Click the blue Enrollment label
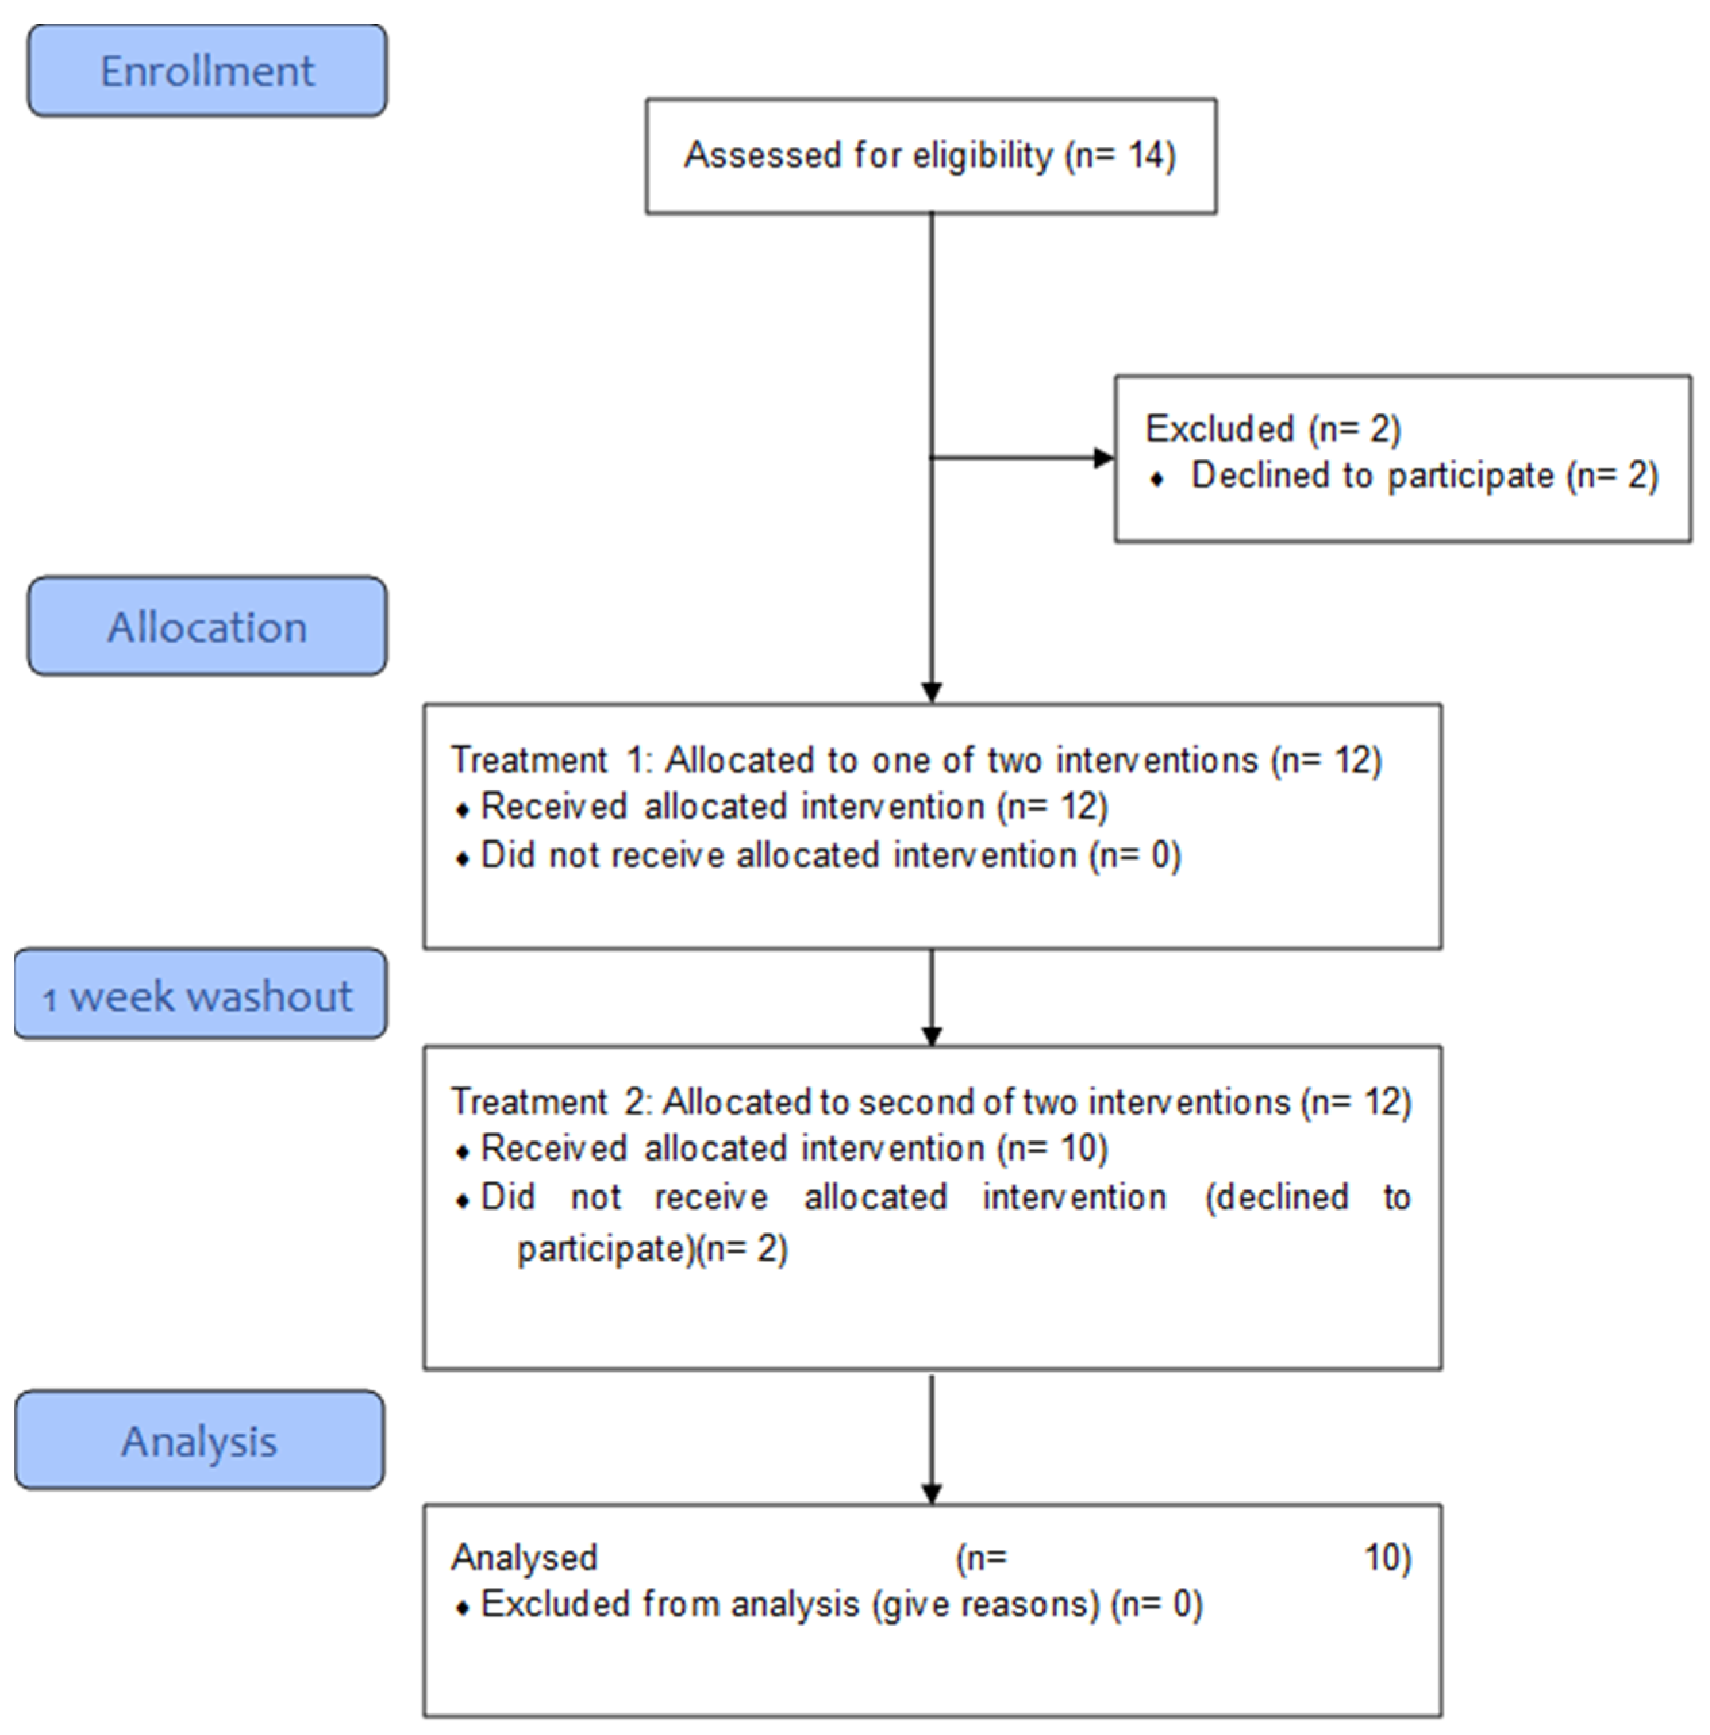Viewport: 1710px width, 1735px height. pos(207,71)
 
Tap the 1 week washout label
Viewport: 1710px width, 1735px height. pos(200,996)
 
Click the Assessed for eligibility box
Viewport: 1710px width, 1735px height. pos(930,155)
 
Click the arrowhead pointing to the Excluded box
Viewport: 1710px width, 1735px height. pos(1103,458)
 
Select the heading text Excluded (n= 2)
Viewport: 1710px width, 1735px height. pos(1273,428)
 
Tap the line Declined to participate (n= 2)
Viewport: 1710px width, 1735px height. pos(1424,476)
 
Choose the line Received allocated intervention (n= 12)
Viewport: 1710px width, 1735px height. pos(794,807)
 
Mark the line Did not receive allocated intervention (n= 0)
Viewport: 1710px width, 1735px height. pos(831,855)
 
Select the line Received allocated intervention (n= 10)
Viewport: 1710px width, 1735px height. pos(794,1149)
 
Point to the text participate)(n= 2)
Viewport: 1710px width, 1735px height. pos(652,1249)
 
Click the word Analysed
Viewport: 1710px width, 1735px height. pos(524,1557)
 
